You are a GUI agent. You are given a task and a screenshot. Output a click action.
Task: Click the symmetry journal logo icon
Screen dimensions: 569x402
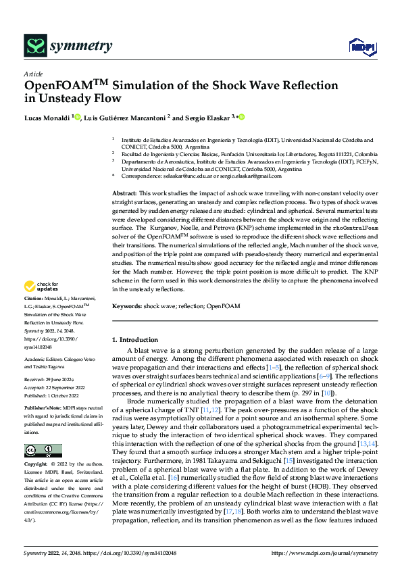[34, 46]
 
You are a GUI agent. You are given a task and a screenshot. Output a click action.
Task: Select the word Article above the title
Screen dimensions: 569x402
[33, 74]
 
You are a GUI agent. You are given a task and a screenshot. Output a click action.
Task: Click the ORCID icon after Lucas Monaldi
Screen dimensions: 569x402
[78, 117]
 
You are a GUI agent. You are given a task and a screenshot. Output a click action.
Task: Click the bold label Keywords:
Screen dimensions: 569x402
[127, 307]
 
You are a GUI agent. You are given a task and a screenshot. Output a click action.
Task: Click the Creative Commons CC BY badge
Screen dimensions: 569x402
[43, 451]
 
